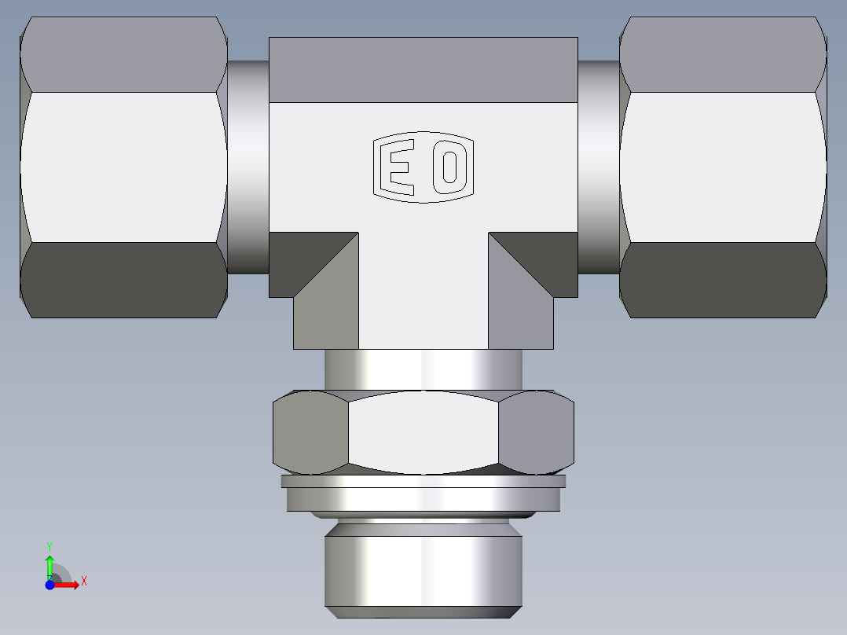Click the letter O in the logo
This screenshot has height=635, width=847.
[x=449, y=167]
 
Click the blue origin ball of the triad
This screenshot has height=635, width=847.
[x=49, y=585]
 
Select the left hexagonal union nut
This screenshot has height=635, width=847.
[x=123, y=167]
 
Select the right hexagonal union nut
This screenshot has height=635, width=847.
[x=723, y=167]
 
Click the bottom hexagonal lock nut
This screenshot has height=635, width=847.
[x=423, y=433]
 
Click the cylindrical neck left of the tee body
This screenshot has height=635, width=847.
[x=247, y=167]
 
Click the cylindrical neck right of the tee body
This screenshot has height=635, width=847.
[x=599, y=167]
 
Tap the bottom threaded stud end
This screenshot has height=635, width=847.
[x=423, y=570]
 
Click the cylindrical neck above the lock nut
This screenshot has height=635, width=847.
[x=423, y=369]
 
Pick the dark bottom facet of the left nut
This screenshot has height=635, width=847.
[x=123, y=280]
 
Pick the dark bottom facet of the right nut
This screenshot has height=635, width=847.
[x=723, y=280]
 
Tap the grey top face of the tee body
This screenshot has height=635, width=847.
[x=423, y=69]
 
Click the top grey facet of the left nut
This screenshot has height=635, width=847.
[x=123, y=53]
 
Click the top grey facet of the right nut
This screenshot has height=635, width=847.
[x=723, y=53]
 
